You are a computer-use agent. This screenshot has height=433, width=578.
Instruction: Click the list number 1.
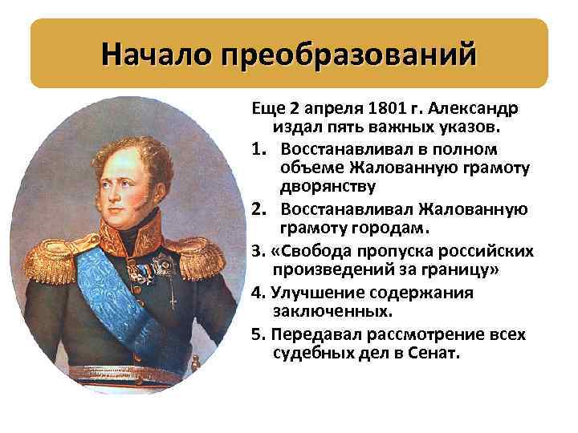pyautogui.click(x=259, y=149)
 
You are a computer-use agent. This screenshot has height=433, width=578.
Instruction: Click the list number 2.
pyautogui.click(x=260, y=209)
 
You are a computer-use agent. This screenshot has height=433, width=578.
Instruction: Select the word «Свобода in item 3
pyautogui.click(x=307, y=251)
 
